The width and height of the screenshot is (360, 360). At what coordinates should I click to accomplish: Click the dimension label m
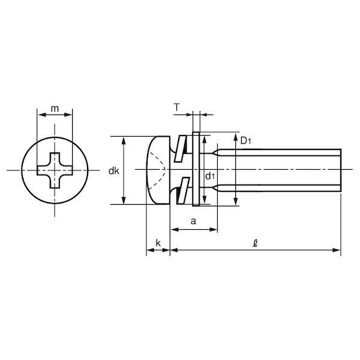55,109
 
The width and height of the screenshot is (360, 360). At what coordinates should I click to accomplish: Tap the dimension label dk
114,171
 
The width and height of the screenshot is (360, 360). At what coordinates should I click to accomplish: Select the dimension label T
176,107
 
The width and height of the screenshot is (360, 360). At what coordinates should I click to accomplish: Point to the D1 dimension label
245,141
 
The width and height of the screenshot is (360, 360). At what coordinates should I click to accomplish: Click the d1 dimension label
210,176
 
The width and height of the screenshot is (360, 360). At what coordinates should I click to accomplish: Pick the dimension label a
194,221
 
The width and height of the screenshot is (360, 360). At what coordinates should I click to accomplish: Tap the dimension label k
158,243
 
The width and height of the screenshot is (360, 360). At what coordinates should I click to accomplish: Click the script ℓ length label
255,243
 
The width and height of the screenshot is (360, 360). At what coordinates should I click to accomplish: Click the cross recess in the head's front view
55,170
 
